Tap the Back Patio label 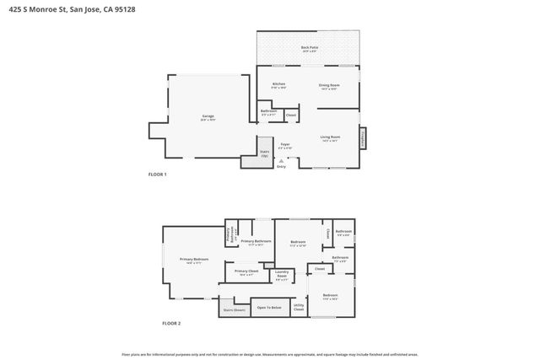[310, 48]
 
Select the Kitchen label [278, 84]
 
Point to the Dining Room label [328, 84]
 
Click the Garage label [208, 116]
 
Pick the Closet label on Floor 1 [290, 115]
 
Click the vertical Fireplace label [364, 137]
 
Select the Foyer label [285, 144]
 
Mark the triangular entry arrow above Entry [281, 160]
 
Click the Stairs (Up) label [264, 153]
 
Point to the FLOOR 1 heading [158, 174]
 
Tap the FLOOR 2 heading [171, 323]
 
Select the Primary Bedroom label [193, 260]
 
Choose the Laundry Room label [282, 274]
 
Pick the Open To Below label [268, 307]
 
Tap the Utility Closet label [299, 309]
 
